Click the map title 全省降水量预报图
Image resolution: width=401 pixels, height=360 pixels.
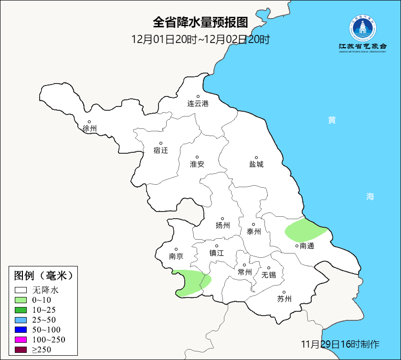(x=200, y=22)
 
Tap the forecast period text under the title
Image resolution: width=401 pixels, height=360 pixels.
(x=200, y=39)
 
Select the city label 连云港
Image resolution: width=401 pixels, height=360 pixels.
(x=198, y=103)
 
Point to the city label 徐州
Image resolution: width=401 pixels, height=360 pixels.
(x=89, y=128)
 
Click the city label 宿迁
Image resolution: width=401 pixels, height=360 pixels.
(x=161, y=150)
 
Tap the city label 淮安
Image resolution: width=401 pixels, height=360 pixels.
(x=197, y=164)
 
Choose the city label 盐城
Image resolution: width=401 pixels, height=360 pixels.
(x=256, y=164)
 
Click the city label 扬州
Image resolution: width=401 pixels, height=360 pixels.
(x=222, y=225)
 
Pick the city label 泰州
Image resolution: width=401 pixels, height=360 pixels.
(x=253, y=232)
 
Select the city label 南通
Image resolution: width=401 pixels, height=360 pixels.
(x=306, y=246)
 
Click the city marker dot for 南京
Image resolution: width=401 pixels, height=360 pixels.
(x=176, y=249)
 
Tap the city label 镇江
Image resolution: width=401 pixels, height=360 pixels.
(x=217, y=253)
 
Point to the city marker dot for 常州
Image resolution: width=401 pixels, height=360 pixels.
(x=244, y=265)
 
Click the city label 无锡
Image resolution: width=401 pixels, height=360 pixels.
(x=268, y=275)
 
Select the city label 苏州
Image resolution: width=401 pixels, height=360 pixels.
(x=284, y=299)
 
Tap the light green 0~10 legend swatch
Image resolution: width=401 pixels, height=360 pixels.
(x=21, y=300)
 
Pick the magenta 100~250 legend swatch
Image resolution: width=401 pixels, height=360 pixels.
(x=21, y=340)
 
